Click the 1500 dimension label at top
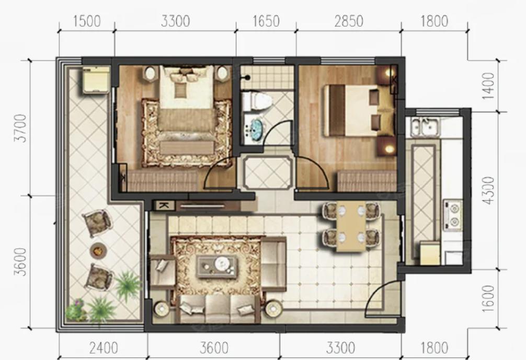[87, 21]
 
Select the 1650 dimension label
[266, 21]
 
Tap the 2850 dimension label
[349, 21]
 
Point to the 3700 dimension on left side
[20, 128]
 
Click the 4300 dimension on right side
[488, 190]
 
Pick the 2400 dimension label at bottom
[104, 348]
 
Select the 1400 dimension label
[488, 86]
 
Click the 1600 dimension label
[488, 299]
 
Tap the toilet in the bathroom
[256, 101]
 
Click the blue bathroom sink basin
[257, 127]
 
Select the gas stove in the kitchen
[452, 216]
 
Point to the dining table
[351, 226]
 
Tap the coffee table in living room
[217, 266]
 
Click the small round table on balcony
[99, 250]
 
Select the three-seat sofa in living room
[220, 308]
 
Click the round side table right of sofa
[274, 309]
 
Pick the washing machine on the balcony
[96, 80]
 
